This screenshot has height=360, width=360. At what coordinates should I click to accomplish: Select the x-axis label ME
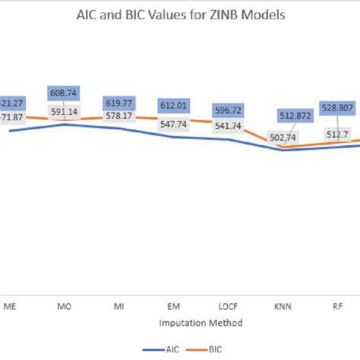coord(11,308)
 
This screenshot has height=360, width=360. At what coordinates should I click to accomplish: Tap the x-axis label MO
coord(65,308)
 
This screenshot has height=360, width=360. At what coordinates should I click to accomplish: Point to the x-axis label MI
coord(119,308)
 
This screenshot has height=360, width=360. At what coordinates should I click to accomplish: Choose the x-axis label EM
coord(174,308)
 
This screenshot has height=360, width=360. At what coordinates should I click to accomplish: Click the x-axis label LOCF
coord(229,308)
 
